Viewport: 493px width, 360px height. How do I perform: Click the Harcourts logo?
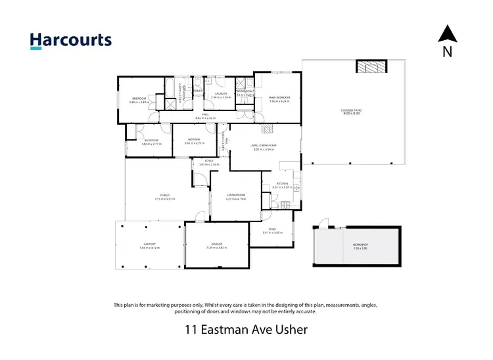click(x=71, y=40)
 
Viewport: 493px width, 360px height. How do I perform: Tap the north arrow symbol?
click(x=447, y=34)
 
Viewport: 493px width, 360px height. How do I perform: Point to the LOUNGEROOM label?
click(x=236, y=195)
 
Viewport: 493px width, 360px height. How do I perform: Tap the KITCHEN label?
click(x=281, y=184)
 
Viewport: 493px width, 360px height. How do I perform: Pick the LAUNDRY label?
click(x=221, y=94)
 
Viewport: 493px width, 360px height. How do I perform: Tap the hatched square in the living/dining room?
click(x=267, y=129)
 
